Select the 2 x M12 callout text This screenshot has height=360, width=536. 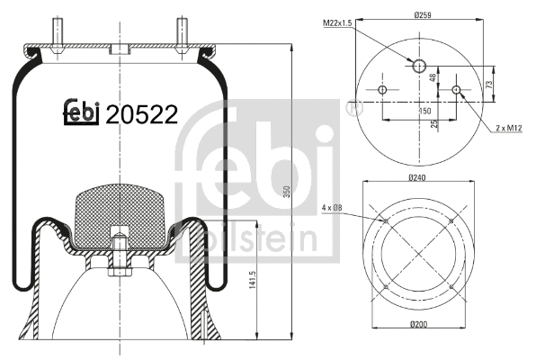point(510,130)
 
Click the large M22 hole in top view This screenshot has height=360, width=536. point(419,66)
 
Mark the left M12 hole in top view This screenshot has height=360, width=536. point(382,90)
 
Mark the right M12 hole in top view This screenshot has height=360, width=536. point(457,90)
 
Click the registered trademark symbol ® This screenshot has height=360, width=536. point(352,108)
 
